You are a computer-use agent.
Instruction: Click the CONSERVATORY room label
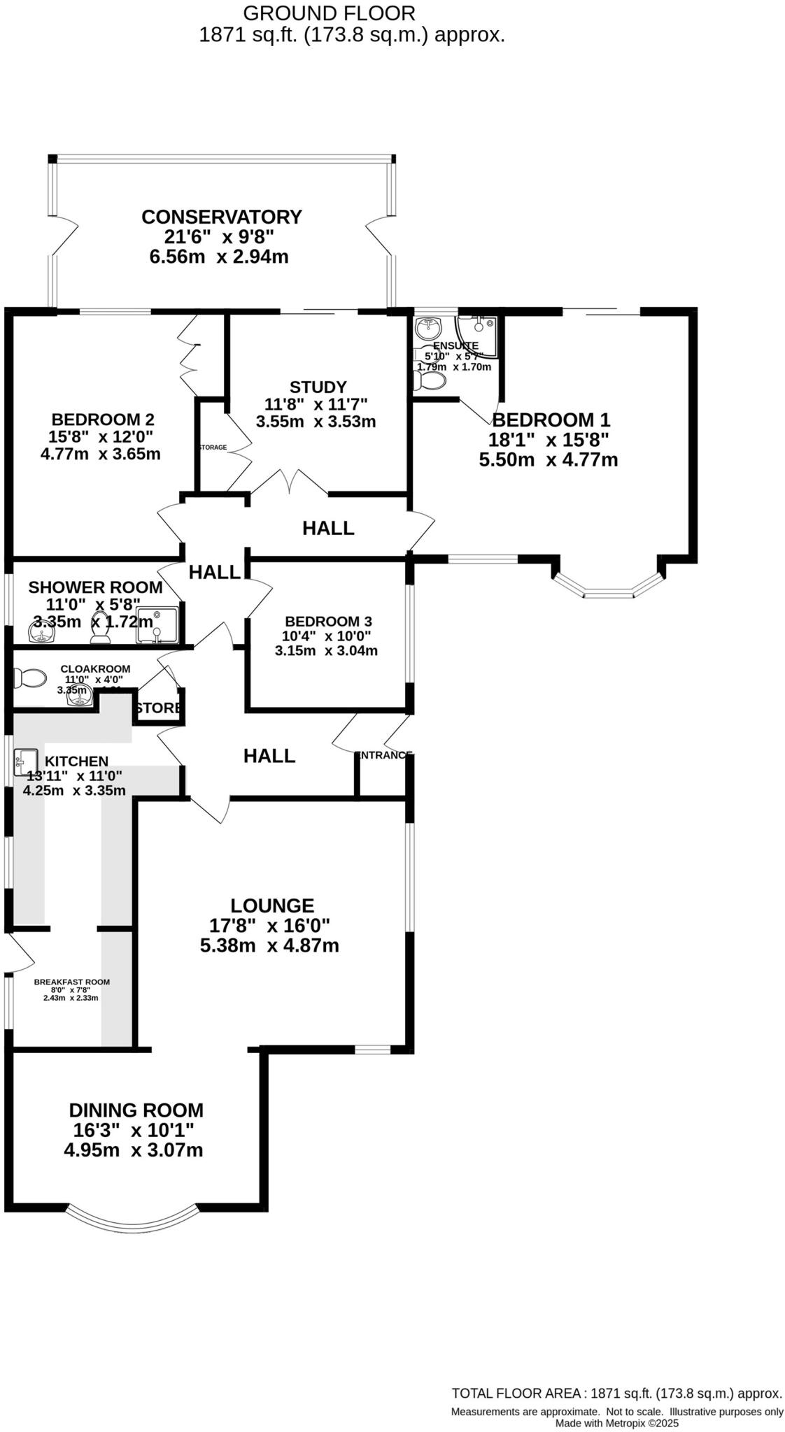(221, 217)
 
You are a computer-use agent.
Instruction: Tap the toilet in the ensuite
(430, 381)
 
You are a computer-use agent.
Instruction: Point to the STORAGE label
(213, 447)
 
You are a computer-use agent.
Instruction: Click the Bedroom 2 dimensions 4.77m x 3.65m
(101, 454)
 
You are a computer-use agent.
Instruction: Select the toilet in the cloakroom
(29, 678)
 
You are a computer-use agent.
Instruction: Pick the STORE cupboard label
(159, 708)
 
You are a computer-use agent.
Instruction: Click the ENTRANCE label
(383, 755)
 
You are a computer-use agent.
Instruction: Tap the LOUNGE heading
(272, 905)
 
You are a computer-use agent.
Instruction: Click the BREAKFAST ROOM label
(71, 982)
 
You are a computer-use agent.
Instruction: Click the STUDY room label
(318, 387)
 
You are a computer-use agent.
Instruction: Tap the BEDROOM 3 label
(328, 621)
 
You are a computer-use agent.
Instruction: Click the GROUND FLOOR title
(329, 13)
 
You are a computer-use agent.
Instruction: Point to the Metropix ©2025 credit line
(616, 1423)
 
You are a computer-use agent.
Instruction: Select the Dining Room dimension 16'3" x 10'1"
(133, 1130)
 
